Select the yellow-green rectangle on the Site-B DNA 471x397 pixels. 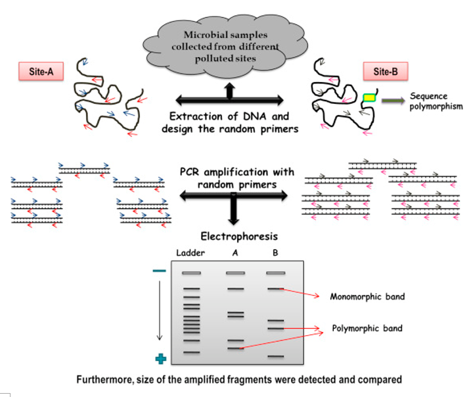pyautogui.click(x=370, y=98)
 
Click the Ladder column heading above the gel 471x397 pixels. pyautogui.click(x=191, y=253)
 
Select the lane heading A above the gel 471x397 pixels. pyautogui.click(x=235, y=253)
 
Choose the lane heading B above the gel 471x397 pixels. pyautogui.click(x=275, y=253)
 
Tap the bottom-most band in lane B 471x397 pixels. pyautogui.click(x=275, y=356)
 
